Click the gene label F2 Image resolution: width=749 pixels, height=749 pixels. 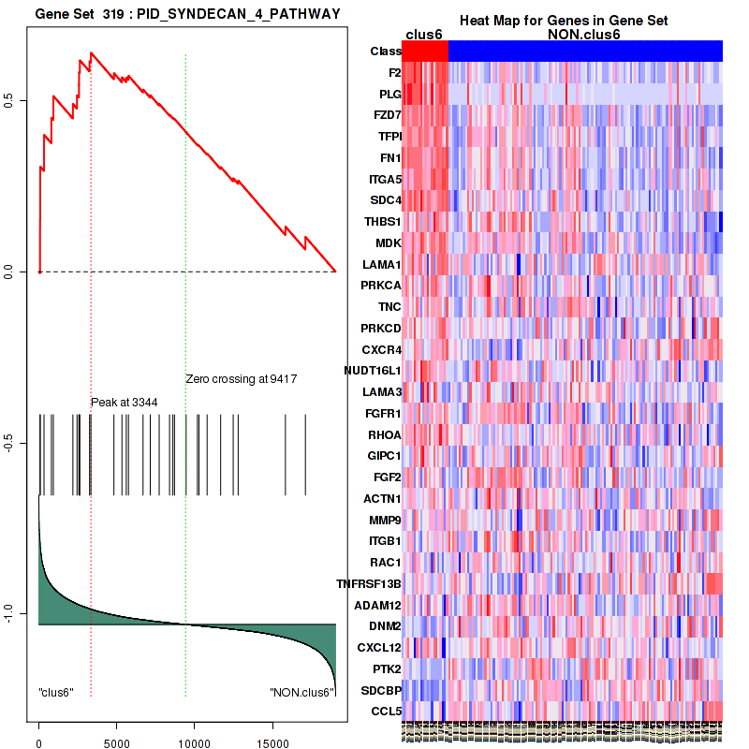[x=394, y=72]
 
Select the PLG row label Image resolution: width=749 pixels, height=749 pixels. [x=390, y=94]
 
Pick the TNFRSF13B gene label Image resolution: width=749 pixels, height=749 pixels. [x=369, y=583]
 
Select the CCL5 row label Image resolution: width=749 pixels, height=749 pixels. [x=387, y=711]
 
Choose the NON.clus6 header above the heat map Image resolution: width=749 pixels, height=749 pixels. [x=584, y=35]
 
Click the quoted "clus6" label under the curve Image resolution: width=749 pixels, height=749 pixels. [x=56, y=692]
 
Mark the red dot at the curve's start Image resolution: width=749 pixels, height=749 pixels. [x=39, y=272]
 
